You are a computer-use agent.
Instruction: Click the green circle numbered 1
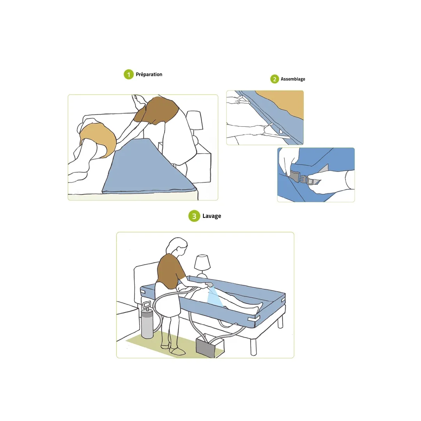click(129, 74)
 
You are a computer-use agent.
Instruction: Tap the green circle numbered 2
click(274, 79)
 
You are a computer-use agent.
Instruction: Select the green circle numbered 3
click(194, 216)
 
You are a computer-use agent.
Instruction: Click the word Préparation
click(149, 74)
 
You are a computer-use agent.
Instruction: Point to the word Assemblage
click(293, 79)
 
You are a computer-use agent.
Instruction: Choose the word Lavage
click(212, 216)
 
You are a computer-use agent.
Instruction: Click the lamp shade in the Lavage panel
click(202, 263)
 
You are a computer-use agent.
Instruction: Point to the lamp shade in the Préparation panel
click(194, 120)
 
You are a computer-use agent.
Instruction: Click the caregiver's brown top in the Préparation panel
click(157, 110)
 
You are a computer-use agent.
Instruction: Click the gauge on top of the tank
click(147, 304)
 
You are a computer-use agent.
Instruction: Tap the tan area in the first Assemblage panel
click(284, 102)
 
